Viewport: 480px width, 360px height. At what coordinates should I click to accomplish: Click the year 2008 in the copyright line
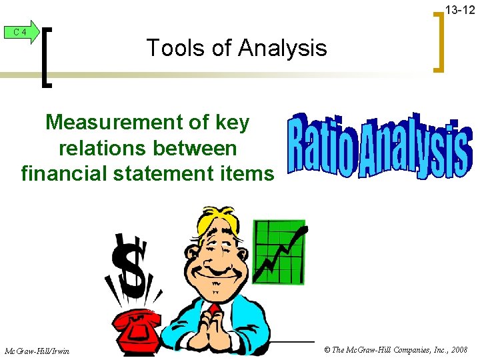[458, 350]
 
